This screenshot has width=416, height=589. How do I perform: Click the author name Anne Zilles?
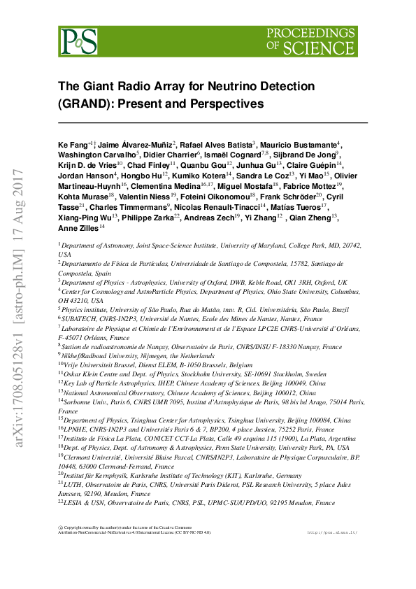(x=78, y=227)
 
